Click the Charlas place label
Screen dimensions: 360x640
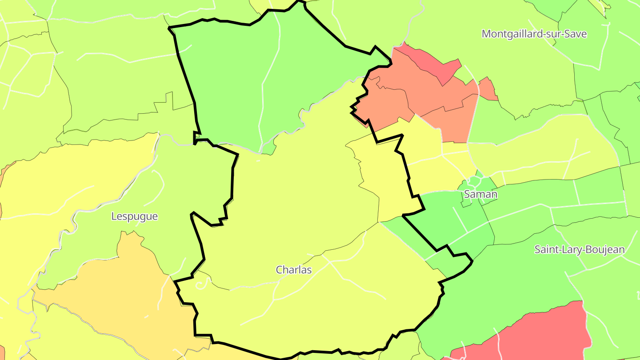294,270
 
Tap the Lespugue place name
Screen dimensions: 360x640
134,216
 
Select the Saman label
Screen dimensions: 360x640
480,194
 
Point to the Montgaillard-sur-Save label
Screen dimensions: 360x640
534,34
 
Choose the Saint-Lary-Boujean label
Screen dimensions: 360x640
579,249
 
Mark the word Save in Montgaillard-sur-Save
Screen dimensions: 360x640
576,34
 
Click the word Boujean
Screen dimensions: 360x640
607,249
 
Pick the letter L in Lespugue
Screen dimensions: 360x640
114,216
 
